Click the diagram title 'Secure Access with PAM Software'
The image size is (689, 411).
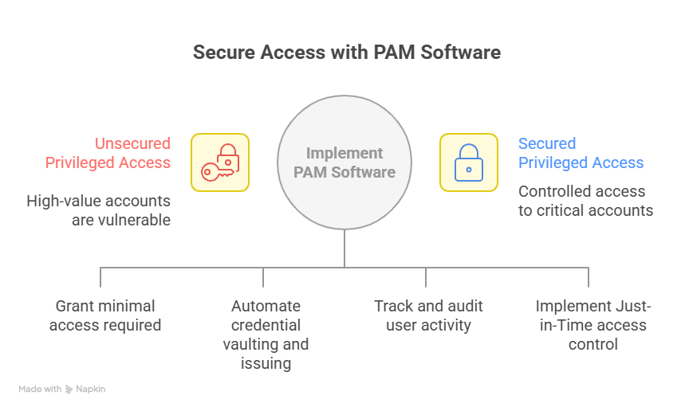(346, 53)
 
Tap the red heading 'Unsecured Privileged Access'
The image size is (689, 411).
(108, 153)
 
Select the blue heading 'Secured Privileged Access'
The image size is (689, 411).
(581, 153)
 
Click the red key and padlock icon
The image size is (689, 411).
(220, 162)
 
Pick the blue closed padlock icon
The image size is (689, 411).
(468, 162)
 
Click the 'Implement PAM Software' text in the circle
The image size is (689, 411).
(344, 162)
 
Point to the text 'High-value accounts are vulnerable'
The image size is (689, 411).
(99, 210)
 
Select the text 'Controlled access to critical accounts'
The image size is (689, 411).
(585, 201)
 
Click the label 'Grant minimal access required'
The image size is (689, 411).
(104, 315)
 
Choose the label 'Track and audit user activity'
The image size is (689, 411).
(428, 315)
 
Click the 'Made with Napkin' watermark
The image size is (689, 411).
(62, 389)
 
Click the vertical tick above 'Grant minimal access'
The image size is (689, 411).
(100, 277)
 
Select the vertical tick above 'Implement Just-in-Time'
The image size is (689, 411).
(589, 277)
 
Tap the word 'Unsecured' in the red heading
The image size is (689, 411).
(132, 143)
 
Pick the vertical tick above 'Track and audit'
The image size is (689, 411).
(426, 277)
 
